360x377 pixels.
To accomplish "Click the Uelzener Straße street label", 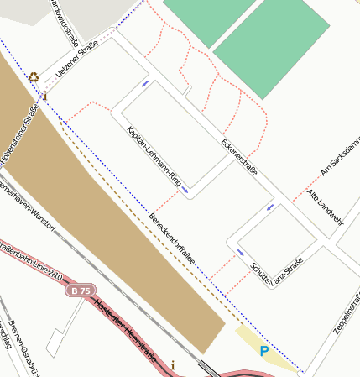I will (x=75, y=60).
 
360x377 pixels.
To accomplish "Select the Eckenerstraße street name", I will (x=239, y=156).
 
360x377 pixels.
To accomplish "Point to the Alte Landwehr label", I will (x=325, y=207).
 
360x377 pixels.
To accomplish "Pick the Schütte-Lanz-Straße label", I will (x=276, y=272).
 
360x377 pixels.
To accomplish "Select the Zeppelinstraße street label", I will (x=347, y=313).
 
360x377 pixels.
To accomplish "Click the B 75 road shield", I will (x=81, y=291).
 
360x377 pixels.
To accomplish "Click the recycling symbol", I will (x=34, y=77).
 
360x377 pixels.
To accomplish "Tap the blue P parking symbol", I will (x=263, y=351).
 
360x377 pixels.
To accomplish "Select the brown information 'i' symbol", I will (x=173, y=364).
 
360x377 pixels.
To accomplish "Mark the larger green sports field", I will (x=271, y=47).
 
